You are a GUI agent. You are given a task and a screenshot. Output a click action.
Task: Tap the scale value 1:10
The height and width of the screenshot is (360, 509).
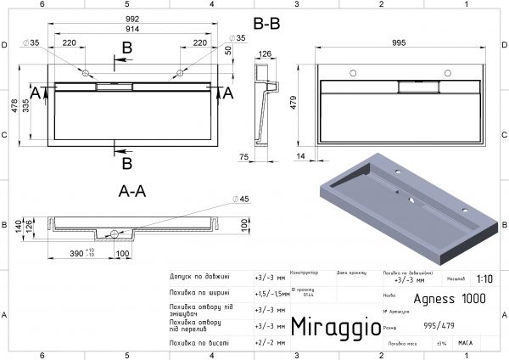(485, 278)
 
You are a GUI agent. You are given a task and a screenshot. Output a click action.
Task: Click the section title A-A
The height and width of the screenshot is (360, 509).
(131, 192)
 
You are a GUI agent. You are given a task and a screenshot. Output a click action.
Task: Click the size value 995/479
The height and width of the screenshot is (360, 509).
(436, 327)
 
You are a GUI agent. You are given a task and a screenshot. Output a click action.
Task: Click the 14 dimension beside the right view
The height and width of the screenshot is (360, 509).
(299, 156)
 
